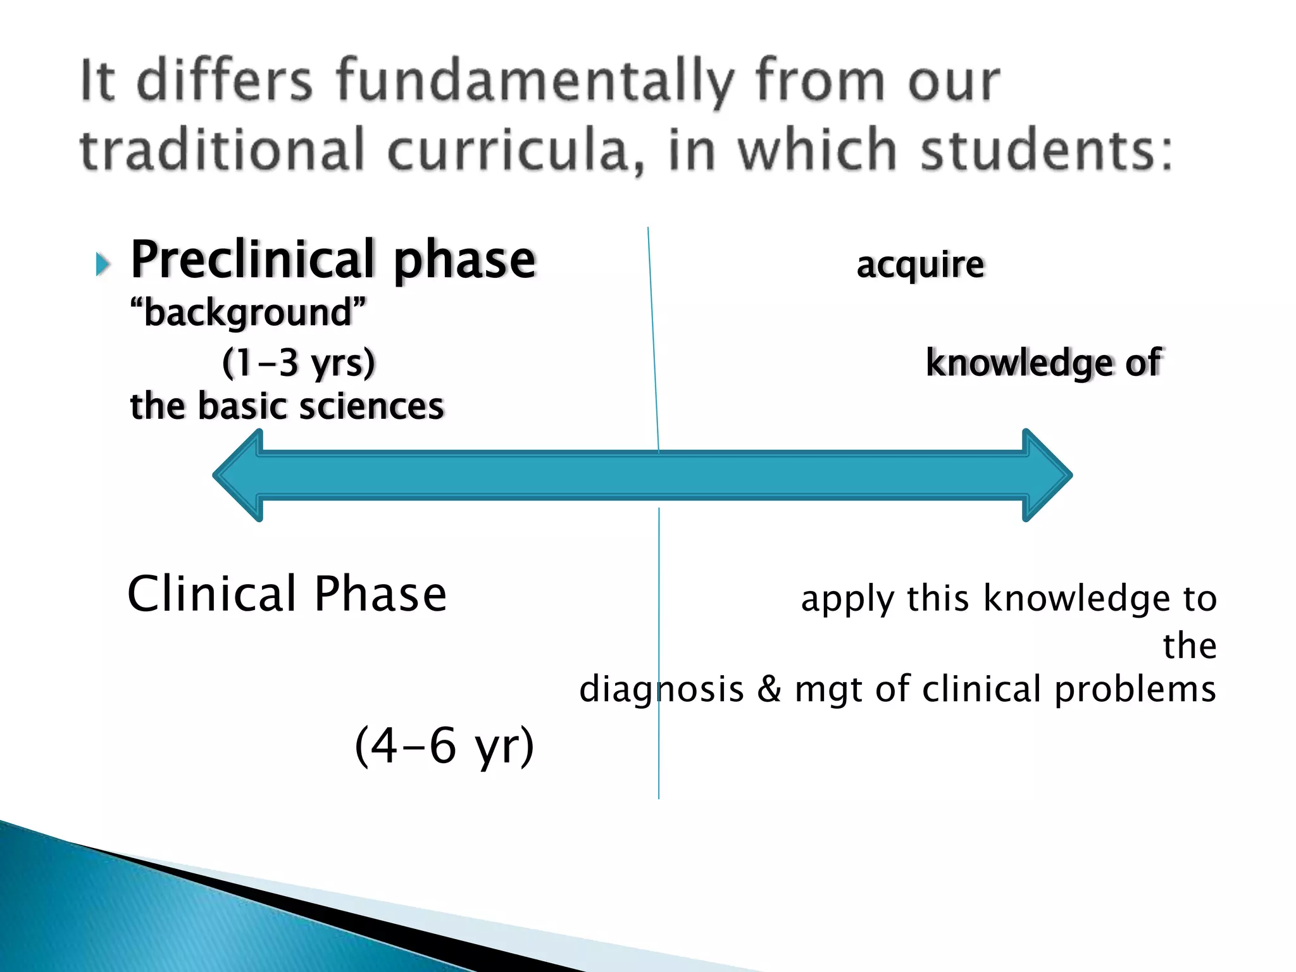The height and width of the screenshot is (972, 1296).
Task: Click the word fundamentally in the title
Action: (x=535, y=82)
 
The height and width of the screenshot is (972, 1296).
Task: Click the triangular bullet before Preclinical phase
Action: (x=103, y=264)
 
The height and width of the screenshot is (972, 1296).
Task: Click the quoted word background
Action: (x=248, y=313)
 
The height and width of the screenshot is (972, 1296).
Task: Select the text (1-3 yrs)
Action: (x=299, y=363)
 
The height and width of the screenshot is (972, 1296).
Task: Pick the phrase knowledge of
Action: (x=1043, y=363)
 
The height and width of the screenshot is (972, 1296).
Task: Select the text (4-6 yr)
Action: (x=444, y=745)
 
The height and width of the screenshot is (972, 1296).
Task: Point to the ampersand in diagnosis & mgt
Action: (x=769, y=689)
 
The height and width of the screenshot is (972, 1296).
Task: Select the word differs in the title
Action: (x=225, y=82)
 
